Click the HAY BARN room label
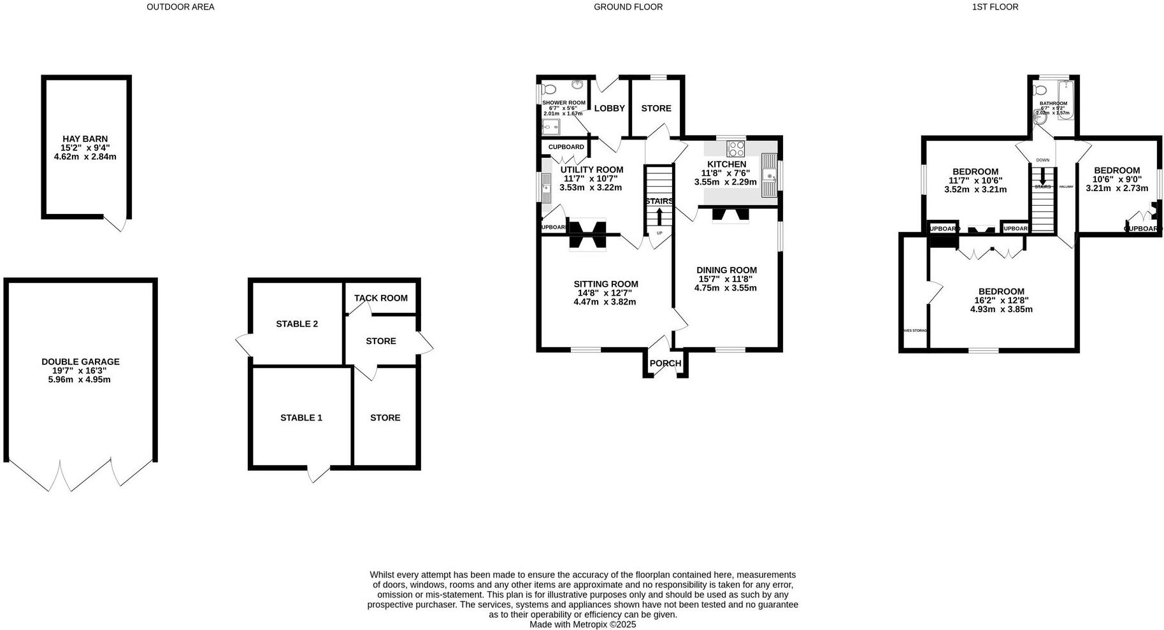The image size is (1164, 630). click(x=85, y=139)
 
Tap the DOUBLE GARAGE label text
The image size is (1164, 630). click(x=80, y=362)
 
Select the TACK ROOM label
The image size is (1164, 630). click(x=380, y=298)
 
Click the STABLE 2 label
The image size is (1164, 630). click(x=297, y=324)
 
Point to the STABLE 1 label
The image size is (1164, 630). click(x=301, y=418)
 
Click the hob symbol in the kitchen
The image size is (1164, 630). click(x=736, y=148)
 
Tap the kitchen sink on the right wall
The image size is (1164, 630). click(x=770, y=175)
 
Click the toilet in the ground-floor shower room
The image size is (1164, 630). click(x=549, y=90)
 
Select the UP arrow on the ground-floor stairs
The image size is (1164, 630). click(x=659, y=218)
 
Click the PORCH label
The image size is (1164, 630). click(x=665, y=364)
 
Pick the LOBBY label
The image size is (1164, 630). click(x=609, y=108)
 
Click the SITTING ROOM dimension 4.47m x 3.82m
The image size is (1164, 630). click(x=605, y=302)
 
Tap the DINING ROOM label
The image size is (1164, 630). click(x=726, y=270)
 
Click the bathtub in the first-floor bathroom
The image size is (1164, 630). click(x=1066, y=101)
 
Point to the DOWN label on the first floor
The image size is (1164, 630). click(x=1042, y=161)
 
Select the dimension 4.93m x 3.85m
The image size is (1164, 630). click(x=1001, y=310)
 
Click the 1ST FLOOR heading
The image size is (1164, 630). click(x=995, y=7)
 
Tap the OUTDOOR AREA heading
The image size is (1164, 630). click(x=180, y=7)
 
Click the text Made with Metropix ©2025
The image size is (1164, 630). click(x=582, y=625)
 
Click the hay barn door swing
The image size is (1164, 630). click(x=117, y=224)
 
